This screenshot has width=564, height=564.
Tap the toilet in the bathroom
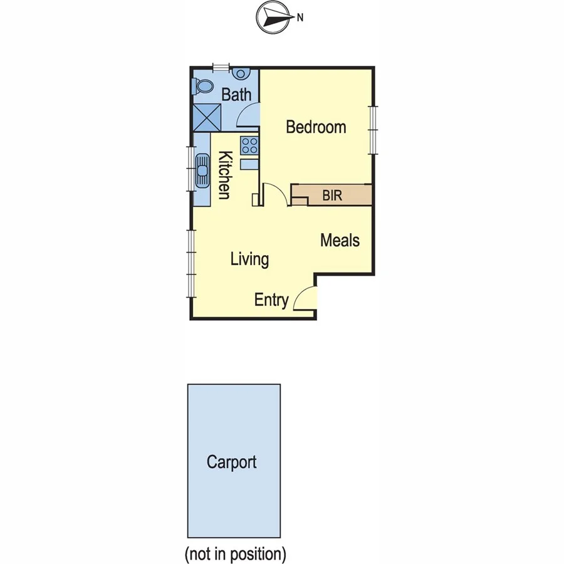tap(202, 86)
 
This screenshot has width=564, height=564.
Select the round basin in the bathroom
tap(241, 74)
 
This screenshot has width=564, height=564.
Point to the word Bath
tap(236, 95)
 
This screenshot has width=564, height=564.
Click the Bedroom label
tap(316, 127)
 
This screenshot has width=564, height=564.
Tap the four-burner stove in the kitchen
tap(250, 146)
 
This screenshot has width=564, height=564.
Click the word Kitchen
tap(224, 175)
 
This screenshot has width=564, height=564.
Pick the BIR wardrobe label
tap(332, 196)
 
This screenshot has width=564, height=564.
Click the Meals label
tap(340, 240)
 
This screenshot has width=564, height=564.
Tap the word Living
tap(249, 259)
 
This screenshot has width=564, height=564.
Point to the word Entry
tap(271, 300)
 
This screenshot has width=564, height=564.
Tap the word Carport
tap(232, 462)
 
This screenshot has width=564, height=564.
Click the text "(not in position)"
tap(235, 554)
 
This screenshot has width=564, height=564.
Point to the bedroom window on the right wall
tap(373, 130)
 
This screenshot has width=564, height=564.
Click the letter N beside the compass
tap(300, 18)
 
